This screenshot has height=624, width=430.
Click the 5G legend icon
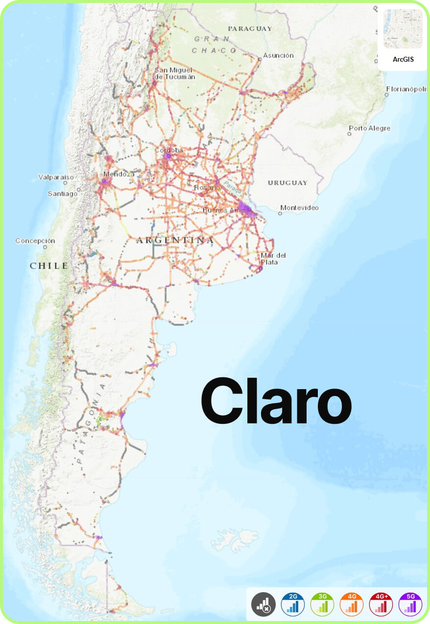(x=410, y=604)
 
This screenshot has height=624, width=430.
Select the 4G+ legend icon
(x=381, y=604)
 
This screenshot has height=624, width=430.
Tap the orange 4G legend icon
(x=352, y=604)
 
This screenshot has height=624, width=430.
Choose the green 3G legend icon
(x=322, y=604)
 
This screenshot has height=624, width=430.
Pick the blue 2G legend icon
(x=293, y=604)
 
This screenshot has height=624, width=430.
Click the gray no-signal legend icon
(x=263, y=604)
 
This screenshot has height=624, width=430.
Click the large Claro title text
(x=276, y=401)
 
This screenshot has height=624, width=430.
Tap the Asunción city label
(x=278, y=55)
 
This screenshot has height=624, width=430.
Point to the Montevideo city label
(x=299, y=208)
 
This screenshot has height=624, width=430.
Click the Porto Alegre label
(x=369, y=128)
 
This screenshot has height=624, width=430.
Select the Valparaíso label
(x=56, y=177)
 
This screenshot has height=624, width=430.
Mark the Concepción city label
(x=35, y=241)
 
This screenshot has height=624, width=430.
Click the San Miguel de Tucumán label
(x=175, y=73)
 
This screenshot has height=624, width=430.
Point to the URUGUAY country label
(x=287, y=183)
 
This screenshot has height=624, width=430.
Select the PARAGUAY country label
(x=250, y=29)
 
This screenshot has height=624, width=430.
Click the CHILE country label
(x=49, y=266)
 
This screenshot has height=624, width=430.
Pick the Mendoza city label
(x=119, y=174)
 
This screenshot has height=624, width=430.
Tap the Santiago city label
(x=62, y=193)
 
